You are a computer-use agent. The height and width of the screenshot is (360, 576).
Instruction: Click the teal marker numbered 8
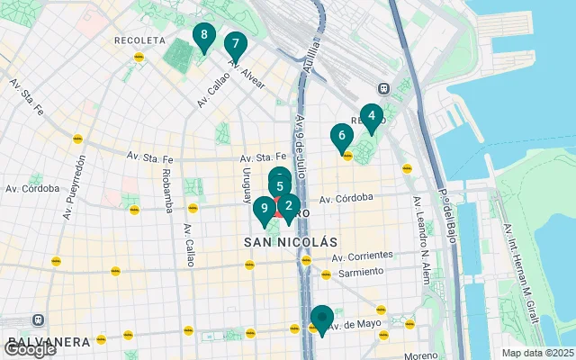coord(204,37)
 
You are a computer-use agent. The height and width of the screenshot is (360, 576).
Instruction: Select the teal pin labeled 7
coord(235,44)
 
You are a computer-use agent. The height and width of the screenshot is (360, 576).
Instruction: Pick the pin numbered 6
coord(340,137)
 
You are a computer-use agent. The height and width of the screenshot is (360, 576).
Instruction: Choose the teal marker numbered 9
coord(264,211)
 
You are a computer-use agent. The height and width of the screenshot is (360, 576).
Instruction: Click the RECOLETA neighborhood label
coord(139,40)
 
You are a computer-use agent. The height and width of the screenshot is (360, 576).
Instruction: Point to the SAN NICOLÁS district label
coord(290,243)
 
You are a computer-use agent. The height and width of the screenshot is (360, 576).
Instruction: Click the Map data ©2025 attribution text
coord(537,353)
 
